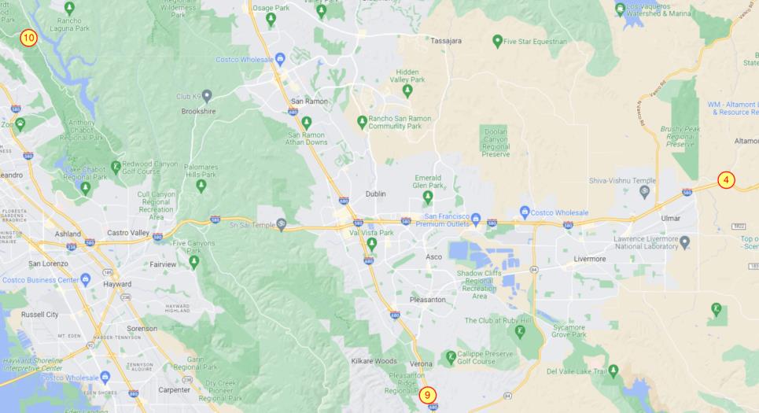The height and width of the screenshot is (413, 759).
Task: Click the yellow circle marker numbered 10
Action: click(28, 38)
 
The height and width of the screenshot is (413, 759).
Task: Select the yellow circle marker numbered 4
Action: click(726, 180)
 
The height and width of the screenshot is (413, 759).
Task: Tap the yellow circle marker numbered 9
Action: click(428, 395)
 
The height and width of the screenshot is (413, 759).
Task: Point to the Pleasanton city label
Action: click(428, 300)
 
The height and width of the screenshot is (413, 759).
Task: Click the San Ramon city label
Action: click(308, 101)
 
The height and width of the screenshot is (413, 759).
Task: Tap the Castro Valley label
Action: click(127, 234)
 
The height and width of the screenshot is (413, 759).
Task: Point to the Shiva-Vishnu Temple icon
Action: click(645, 191)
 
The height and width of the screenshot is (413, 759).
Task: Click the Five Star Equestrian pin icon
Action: click(497, 40)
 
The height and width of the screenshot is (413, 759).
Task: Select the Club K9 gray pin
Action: click(207, 96)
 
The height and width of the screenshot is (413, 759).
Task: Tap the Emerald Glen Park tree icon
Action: click(427, 195)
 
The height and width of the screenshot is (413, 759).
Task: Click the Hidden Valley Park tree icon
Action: click(407, 90)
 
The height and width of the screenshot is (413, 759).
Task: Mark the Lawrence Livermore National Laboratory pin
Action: click(684, 241)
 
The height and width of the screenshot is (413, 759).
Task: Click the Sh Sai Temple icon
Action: click(281, 225)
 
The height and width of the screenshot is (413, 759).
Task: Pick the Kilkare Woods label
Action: click(374, 360)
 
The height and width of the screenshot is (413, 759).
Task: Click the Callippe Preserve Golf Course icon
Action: click(451, 357)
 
